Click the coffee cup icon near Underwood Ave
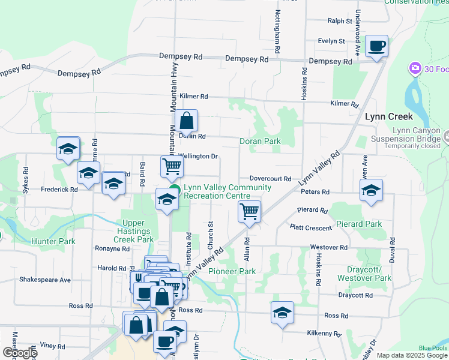(376, 46)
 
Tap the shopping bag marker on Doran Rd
(187, 121)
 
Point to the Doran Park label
(260, 142)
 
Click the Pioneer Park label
(232, 272)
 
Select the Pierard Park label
(359, 224)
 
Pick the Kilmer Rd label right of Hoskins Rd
(344, 104)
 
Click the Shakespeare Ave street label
(45, 280)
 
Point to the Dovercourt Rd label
(270, 179)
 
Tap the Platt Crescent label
(310, 228)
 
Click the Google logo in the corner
(19, 353)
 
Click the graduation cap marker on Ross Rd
(282, 313)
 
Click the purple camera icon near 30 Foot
(415, 68)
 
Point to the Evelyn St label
(331, 41)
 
